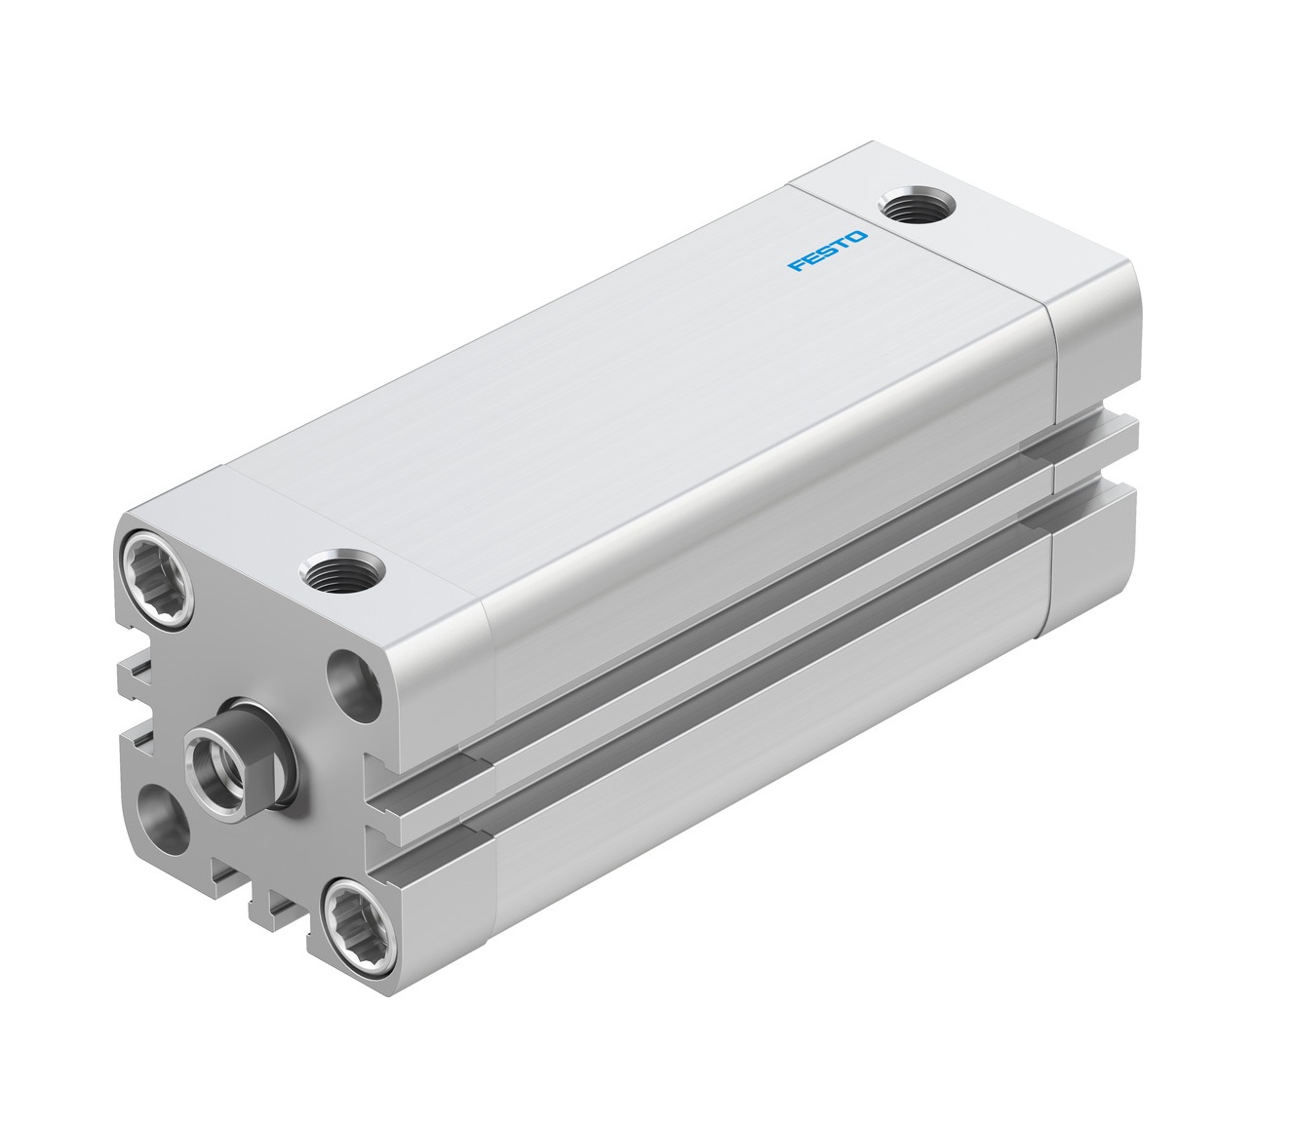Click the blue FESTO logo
pos(827,251)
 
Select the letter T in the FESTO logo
pos(844,244)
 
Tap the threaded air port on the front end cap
pos(342,571)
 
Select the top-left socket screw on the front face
pos(157,578)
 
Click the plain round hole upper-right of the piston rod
pos(354,685)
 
